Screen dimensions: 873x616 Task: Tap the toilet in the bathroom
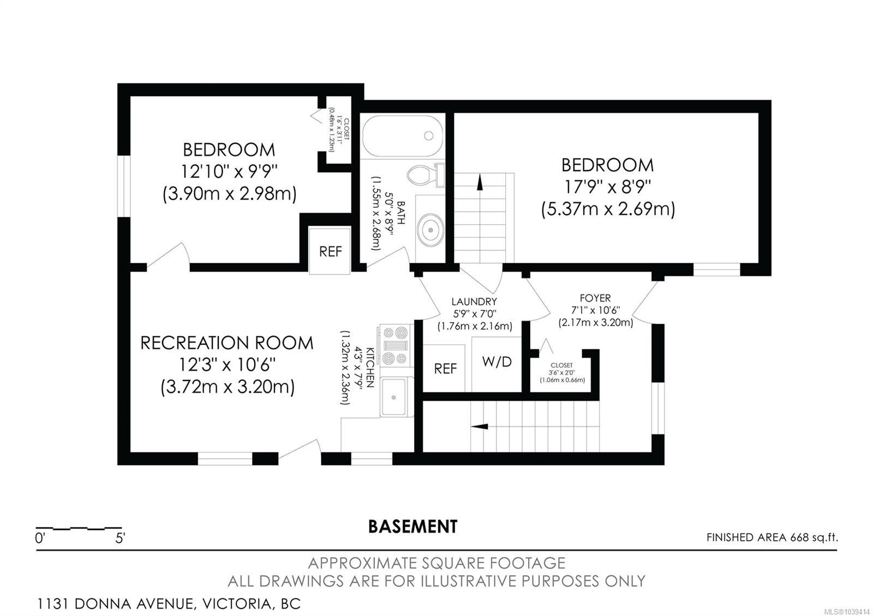tap(426, 175)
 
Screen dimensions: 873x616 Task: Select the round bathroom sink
tap(430, 230)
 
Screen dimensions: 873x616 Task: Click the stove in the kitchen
tap(395, 346)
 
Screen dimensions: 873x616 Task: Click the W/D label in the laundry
tap(497, 362)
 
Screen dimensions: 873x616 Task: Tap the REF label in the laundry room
tap(445, 369)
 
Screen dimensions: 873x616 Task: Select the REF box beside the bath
tap(330, 251)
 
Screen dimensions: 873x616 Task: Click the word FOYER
tap(595, 298)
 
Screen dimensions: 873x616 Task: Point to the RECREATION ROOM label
tap(227, 343)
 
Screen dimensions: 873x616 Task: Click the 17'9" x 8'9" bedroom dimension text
tap(608, 188)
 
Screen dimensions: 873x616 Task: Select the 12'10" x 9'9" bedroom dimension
tap(229, 171)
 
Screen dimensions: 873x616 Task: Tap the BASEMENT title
tap(412, 527)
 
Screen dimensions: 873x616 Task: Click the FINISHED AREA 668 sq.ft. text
tap(772, 538)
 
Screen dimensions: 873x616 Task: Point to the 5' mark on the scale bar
tap(120, 538)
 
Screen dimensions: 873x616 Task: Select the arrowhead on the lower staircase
tap(480, 426)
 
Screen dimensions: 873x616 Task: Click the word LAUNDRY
tap(474, 301)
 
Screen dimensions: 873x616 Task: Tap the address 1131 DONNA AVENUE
tap(115, 604)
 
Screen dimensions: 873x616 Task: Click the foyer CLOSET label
tap(561, 365)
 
